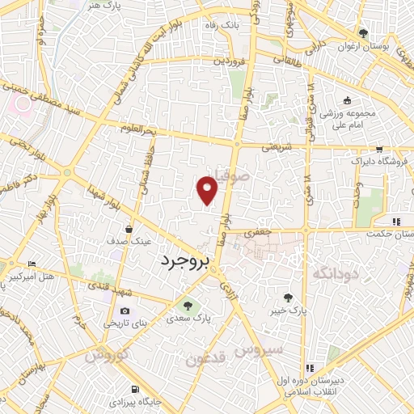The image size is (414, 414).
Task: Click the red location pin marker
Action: [x=208, y=190]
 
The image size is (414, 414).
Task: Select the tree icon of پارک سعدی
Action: [x=188, y=306]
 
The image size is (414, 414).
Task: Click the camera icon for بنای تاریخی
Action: [x=124, y=311]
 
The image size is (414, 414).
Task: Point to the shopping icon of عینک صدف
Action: [x=129, y=230]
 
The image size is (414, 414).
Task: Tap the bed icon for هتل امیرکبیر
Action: [x=32, y=264]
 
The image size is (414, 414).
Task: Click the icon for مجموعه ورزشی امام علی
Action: [x=347, y=101]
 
